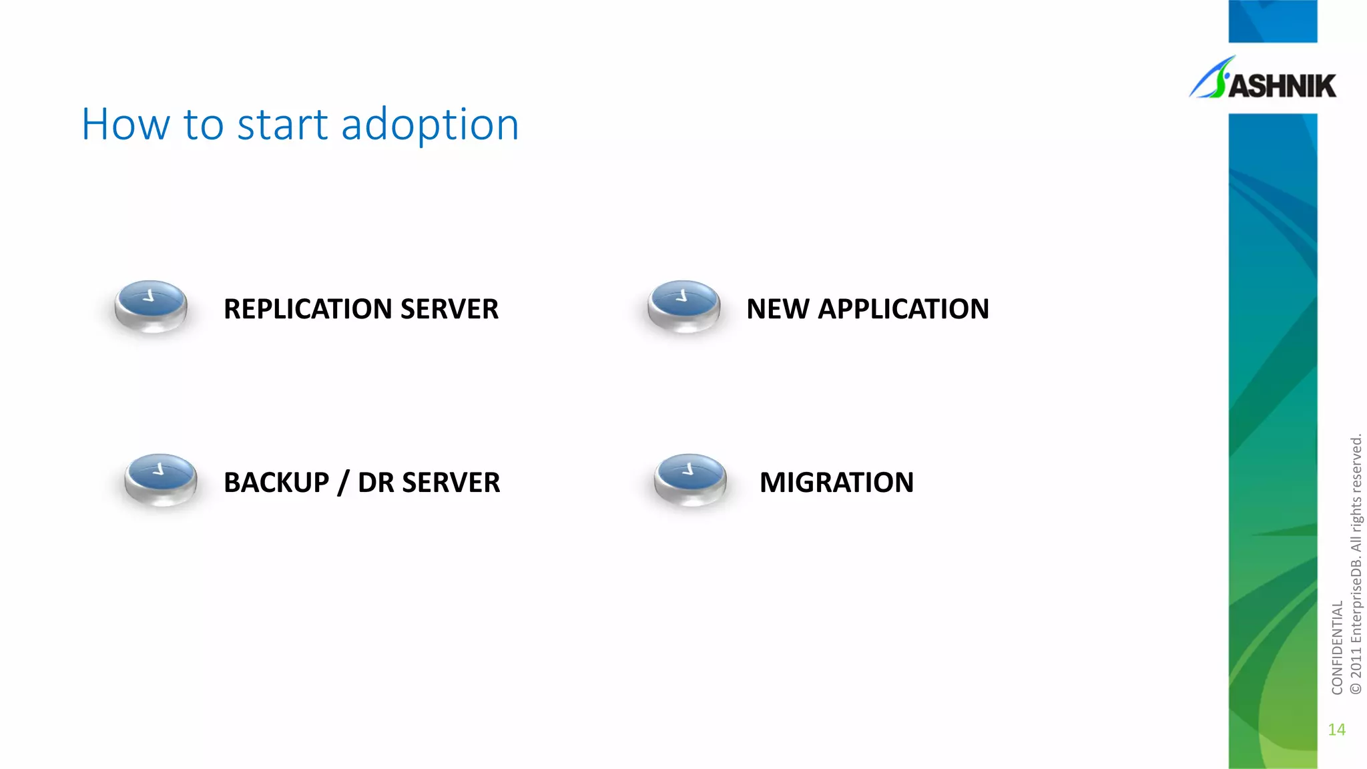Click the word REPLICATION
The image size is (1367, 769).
point(308,309)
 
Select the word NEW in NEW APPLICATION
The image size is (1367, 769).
point(777,309)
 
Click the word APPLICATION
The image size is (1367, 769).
point(904,309)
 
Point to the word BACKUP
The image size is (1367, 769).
point(276,483)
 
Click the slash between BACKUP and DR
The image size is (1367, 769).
point(343,483)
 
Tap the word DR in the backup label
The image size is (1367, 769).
point(376,483)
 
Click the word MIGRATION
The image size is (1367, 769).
point(836,483)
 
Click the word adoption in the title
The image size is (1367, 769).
point(430,125)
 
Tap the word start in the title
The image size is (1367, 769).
point(282,125)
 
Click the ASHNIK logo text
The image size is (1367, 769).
point(1282,86)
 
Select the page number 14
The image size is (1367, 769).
point(1336,730)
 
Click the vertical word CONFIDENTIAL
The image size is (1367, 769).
point(1337,648)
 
